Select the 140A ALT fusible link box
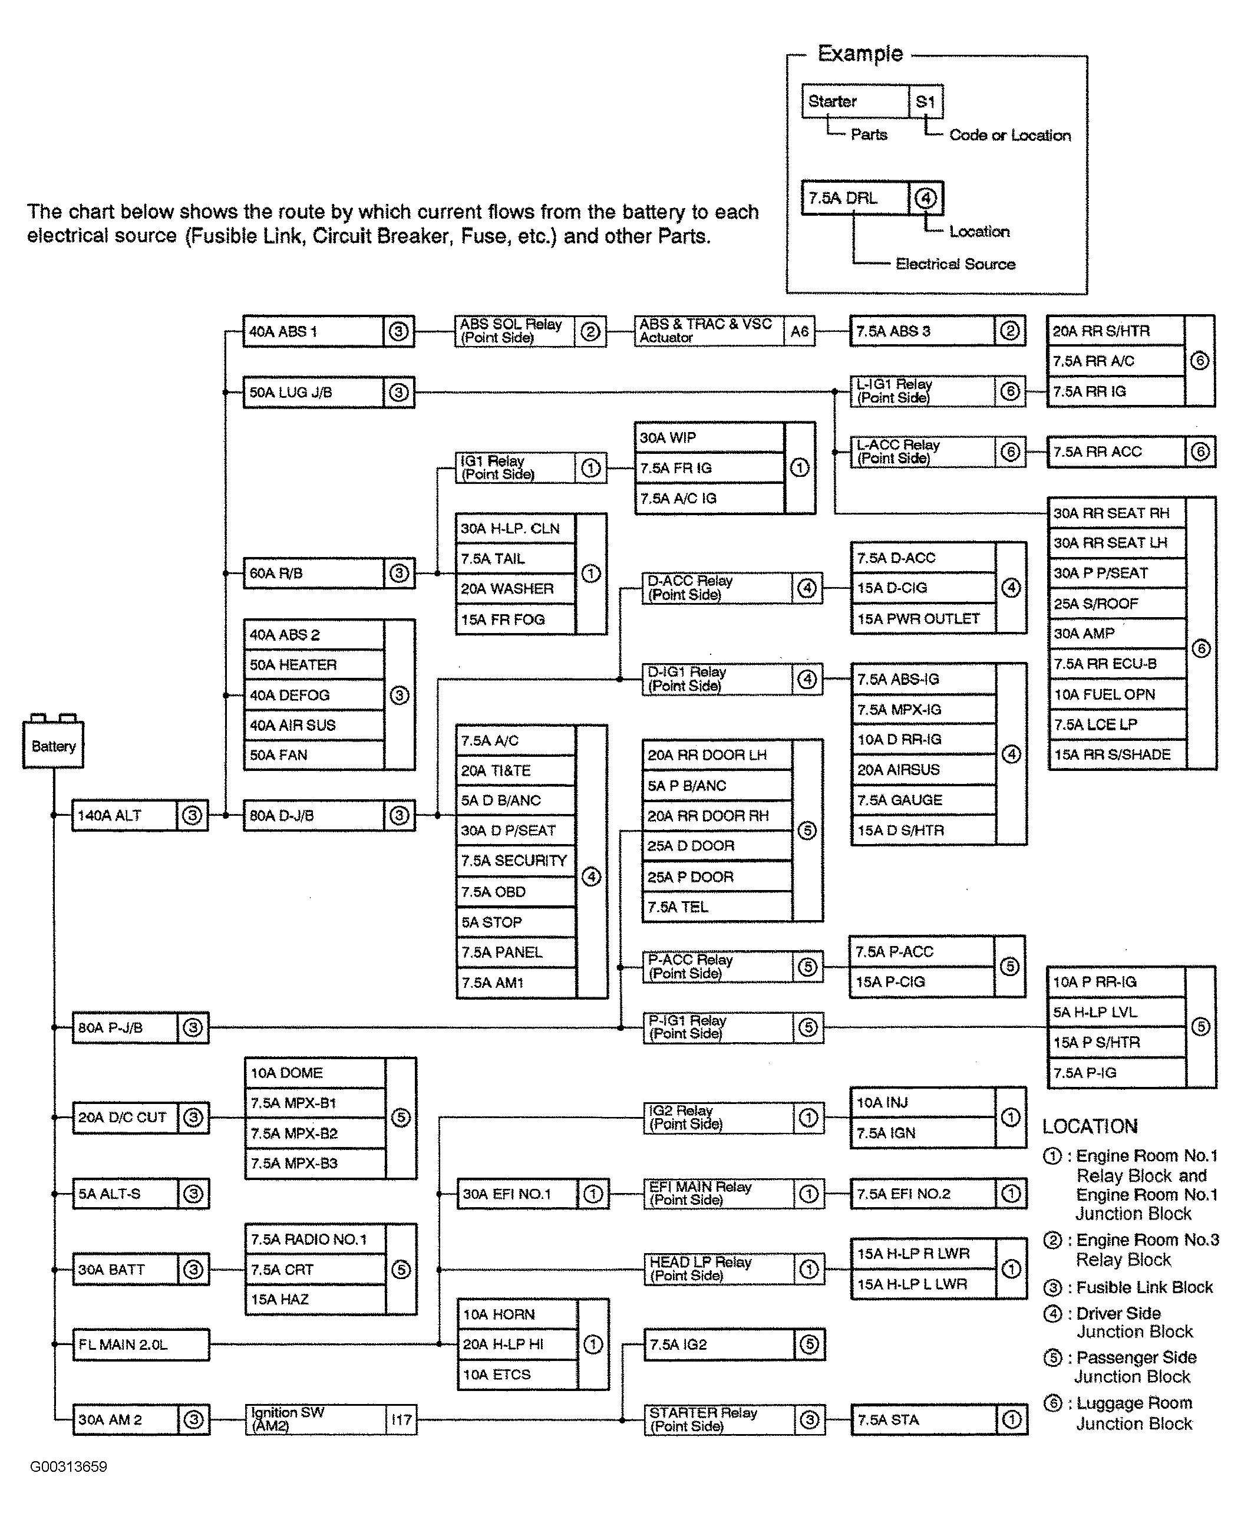140,815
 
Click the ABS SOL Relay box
530,331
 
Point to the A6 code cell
799,331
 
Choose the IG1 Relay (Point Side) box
531,467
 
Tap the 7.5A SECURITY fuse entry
516,860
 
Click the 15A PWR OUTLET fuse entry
923,618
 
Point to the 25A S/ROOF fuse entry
1117,604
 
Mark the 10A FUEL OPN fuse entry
1117,694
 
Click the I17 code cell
402,1419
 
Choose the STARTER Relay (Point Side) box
734,1419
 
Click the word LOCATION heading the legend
1090,1127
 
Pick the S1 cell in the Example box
926,101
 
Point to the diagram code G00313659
68,1466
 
